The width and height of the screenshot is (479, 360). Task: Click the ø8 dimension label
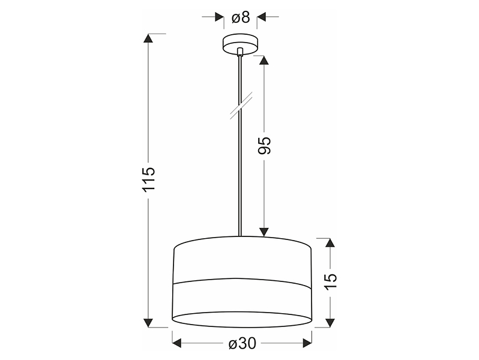click(241, 17)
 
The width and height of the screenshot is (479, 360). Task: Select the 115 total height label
click(149, 179)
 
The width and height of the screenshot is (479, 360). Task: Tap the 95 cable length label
click(265, 145)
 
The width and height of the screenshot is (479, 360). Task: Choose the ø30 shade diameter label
click(243, 344)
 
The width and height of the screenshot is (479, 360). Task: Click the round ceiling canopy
click(241, 44)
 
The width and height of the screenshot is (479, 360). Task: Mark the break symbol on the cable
click(241, 106)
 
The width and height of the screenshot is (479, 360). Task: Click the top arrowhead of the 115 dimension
click(148, 38)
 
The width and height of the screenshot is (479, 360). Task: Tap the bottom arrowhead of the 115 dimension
click(148, 322)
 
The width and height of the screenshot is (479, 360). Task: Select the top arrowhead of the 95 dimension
click(264, 60)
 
